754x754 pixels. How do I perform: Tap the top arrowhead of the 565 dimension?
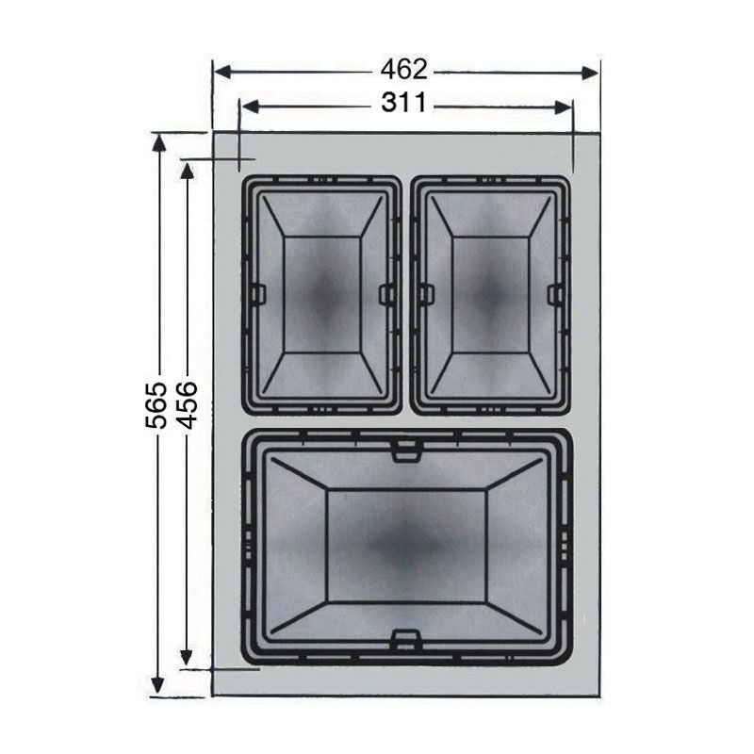click(158, 142)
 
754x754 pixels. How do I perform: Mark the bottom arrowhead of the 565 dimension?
click(158, 687)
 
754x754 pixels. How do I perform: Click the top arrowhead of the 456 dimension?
click(188, 170)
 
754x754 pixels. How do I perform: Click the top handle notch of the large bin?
click(405, 451)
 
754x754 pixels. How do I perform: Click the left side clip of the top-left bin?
click(258, 294)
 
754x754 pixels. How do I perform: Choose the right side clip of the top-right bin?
click(555, 294)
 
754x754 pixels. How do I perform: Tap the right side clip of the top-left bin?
click(386, 294)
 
